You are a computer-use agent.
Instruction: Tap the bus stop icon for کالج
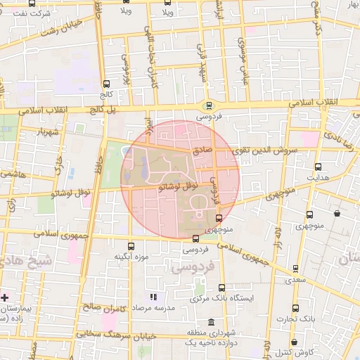tap(105, 84)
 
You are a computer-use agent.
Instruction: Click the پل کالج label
tap(100, 110)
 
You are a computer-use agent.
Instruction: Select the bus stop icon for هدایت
tap(319, 167)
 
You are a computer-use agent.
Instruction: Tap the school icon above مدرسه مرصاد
tap(154, 298)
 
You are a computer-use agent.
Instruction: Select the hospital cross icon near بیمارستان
tap(6, 297)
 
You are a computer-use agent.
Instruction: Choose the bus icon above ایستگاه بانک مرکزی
tap(221, 288)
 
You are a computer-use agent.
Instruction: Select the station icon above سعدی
tap(295, 268)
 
